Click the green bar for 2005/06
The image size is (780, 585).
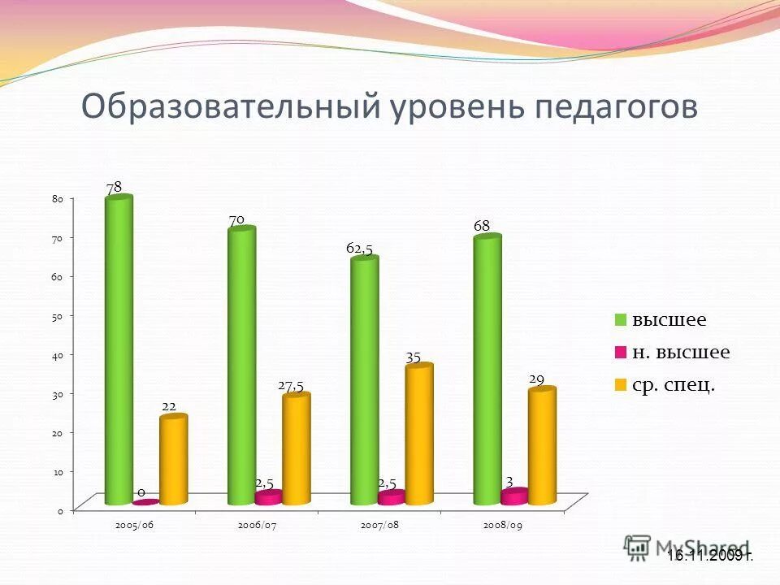click(119, 349)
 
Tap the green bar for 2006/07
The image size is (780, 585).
click(241, 366)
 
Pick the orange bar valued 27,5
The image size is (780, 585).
click(296, 448)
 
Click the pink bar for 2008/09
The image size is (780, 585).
click(514, 496)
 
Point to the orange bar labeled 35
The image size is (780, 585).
click(419, 435)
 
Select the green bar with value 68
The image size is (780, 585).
click(487, 370)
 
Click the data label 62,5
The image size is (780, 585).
click(359, 249)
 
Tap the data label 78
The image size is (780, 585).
click(114, 187)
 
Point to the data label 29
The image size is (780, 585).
click(536, 379)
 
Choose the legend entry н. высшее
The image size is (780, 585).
click(680, 352)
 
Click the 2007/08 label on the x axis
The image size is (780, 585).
click(381, 525)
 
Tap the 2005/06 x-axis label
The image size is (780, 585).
click(135, 525)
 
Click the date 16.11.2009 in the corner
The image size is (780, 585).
click(709, 556)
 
